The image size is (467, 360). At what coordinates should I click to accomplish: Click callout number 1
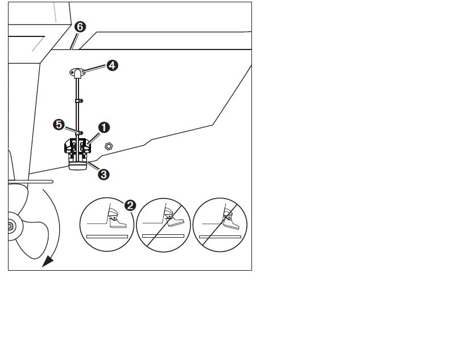pyautogui.click(x=104, y=127)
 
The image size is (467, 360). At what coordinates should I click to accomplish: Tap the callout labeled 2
pyautogui.click(x=130, y=205)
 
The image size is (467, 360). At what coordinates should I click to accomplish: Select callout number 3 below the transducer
pyautogui.click(x=104, y=174)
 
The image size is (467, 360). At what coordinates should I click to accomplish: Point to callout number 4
pyautogui.click(x=112, y=65)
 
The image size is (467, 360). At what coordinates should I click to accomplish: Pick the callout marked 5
pyautogui.click(x=59, y=125)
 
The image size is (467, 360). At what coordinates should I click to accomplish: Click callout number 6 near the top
pyautogui.click(x=80, y=27)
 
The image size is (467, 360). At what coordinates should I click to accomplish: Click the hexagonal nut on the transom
pyautogui.click(x=109, y=146)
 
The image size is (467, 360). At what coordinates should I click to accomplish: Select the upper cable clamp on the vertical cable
pyautogui.click(x=79, y=101)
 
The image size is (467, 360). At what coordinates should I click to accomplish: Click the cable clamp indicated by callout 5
pyautogui.click(x=80, y=133)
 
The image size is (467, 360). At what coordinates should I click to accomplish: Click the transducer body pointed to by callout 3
pyautogui.click(x=78, y=164)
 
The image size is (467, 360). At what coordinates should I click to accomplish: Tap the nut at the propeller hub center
pyautogui.click(x=10, y=227)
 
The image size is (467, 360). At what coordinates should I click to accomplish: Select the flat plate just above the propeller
pyautogui.click(x=31, y=181)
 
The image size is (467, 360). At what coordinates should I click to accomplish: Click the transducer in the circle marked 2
pyautogui.click(x=117, y=218)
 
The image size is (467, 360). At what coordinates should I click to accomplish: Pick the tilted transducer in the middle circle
pyautogui.click(x=173, y=217)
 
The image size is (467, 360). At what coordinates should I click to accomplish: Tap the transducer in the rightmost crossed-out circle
pyautogui.click(x=231, y=219)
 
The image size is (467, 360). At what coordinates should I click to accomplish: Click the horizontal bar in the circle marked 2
pyautogui.click(x=107, y=237)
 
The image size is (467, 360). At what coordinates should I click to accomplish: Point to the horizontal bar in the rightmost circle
pyautogui.click(x=220, y=237)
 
